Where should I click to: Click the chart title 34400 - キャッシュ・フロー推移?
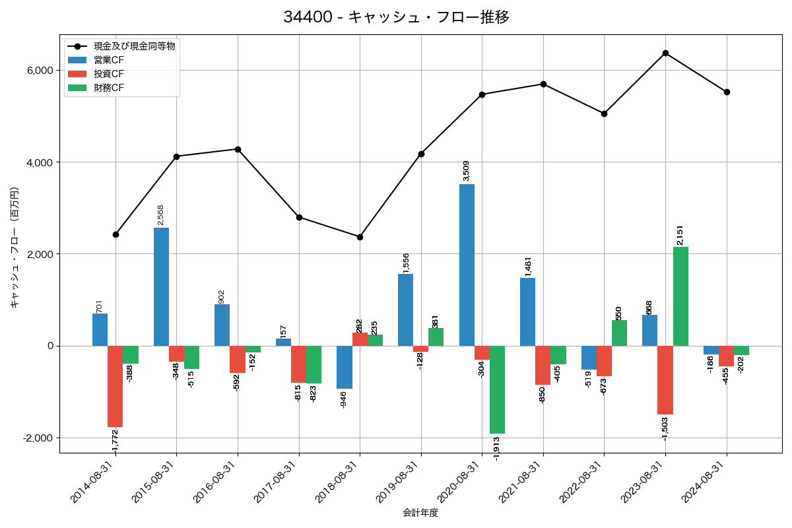[x=396, y=17]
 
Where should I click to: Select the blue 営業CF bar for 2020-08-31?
[x=467, y=265]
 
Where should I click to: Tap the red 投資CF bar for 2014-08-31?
[x=115, y=386]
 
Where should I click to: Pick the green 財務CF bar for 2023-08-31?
[x=680, y=296]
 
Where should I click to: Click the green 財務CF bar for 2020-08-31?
[x=497, y=389]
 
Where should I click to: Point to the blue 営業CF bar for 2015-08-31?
[x=161, y=286]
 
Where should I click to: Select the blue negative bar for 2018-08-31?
[x=345, y=367]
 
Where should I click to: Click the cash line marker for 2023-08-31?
[x=665, y=53]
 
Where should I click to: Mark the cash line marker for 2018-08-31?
[x=360, y=237]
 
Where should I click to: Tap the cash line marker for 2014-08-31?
[x=115, y=234]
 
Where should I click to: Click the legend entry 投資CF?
[x=108, y=73]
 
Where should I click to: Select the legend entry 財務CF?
[x=108, y=87]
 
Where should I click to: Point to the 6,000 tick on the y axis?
[x=40, y=71]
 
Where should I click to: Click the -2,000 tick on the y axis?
[x=38, y=438]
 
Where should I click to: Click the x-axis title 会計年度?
[x=420, y=513]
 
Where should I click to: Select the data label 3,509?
[x=467, y=171]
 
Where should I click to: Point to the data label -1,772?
[x=115, y=441]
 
